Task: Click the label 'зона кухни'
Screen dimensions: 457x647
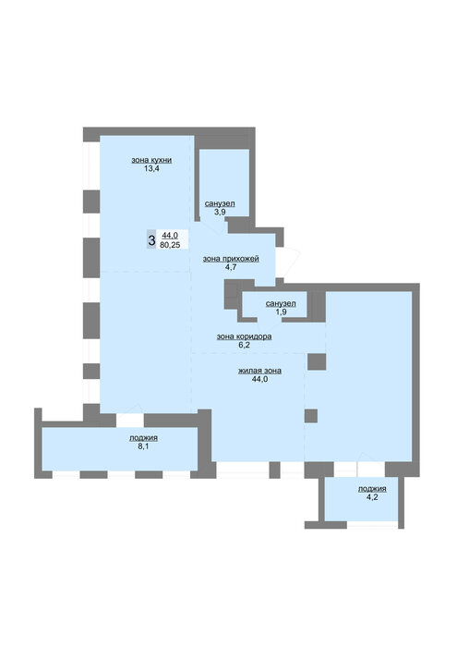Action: point(151,160)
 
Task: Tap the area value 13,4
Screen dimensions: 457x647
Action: point(151,168)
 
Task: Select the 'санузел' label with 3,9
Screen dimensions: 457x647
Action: point(220,203)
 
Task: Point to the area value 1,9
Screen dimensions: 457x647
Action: point(282,312)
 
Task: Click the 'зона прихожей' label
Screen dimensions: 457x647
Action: point(231,259)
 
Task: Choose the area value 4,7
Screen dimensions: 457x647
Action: point(231,267)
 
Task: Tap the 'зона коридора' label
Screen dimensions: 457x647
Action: point(245,336)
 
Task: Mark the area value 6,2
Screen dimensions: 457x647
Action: point(245,345)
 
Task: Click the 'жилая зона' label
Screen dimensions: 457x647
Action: point(260,371)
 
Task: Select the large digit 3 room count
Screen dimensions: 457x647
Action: point(151,239)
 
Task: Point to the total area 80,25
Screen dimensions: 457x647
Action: point(170,244)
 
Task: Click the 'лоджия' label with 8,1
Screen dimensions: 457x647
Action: point(143,438)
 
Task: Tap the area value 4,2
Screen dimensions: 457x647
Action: point(372,497)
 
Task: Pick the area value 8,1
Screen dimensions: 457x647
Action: point(143,446)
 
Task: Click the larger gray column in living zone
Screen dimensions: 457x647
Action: point(317,361)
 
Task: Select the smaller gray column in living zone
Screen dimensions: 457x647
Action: point(311,416)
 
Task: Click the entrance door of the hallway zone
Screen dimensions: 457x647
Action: point(288,262)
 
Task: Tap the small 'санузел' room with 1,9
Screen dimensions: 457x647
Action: point(274,304)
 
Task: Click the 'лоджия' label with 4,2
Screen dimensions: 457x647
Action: point(372,489)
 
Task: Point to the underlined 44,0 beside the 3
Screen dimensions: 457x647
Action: point(170,235)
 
